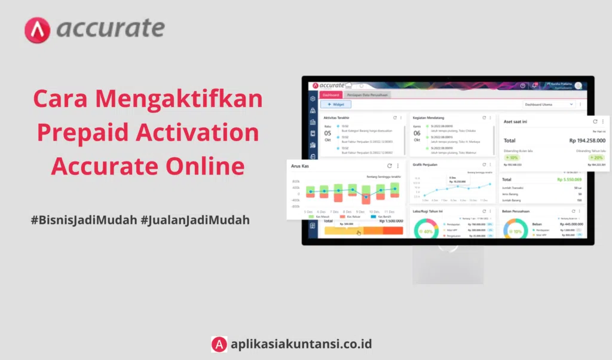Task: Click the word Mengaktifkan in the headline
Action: [179, 98]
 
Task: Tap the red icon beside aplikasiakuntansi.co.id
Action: [219, 344]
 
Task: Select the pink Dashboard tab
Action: [331, 94]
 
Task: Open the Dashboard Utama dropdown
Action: [549, 105]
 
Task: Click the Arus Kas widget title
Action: [301, 166]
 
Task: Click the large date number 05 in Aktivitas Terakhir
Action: [328, 133]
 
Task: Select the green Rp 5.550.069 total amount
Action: [569, 179]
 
